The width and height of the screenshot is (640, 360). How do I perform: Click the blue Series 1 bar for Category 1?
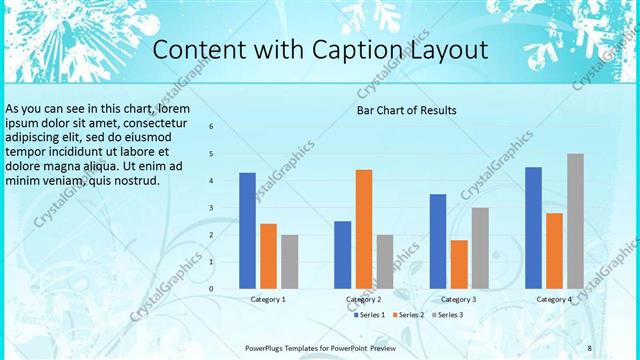click(x=247, y=231)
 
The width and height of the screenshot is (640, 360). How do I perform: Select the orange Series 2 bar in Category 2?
click(x=364, y=229)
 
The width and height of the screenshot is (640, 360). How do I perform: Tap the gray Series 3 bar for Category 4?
click(x=575, y=221)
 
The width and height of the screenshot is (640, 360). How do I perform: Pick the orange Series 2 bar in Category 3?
click(x=459, y=264)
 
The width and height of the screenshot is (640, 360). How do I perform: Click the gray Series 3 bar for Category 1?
click(x=290, y=262)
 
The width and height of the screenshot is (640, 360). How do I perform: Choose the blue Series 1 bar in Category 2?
click(x=343, y=255)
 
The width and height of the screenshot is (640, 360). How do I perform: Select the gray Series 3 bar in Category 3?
click(x=480, y=248)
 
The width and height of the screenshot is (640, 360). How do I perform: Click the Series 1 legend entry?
click(x=370, y=315)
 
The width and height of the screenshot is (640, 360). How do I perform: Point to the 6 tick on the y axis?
click(x=212, y=127)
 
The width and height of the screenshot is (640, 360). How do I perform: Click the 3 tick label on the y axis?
click(x=212, y=208)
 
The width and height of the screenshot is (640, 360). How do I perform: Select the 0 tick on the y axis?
click(x=212, y=289)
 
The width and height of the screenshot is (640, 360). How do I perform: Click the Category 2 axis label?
click(x=364, y=299)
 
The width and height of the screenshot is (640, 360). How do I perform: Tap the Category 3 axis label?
click(x=459, y=299)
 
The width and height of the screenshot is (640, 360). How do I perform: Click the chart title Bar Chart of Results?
click(x=407, y=110)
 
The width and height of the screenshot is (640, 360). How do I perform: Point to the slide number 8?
click(x=590, y=348)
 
